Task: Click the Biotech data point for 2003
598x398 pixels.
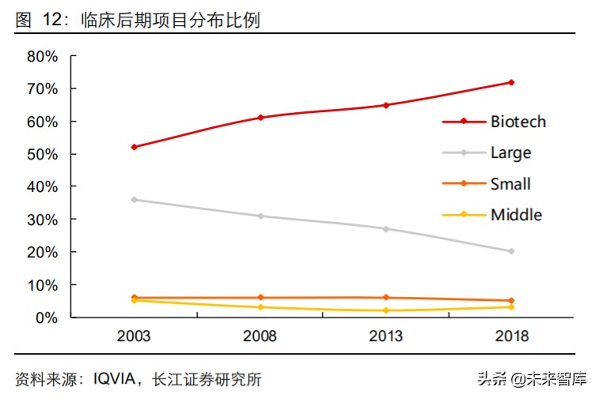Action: pyautogui.click(x=134, y=147)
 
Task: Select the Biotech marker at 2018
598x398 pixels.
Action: pyautogui.click(x=511, y=82)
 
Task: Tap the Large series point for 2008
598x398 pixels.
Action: pyautogui.click(x=260, y=216)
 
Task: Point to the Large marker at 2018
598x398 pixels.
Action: pyautogui.click(x=511, y=251)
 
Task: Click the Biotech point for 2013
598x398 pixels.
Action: pyautogui.click(x=385, y=105)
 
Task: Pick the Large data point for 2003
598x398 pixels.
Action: pyautogui.click(x=134, y=199)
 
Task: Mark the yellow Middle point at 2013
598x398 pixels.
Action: pyautogui.click(x=385, y=310)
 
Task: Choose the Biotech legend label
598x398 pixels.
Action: pyautogui.click(x=518, y=122)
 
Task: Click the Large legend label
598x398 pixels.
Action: pyautogui.click(x=510, y=152)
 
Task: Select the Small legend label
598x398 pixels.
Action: pyautogui.click(x=510, y=184)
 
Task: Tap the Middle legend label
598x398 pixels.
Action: pyautogui.click(x=516, y=215)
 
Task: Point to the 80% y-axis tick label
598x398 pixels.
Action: pyautogui.click(x=42, y=56)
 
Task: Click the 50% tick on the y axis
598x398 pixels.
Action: pyautogui.click(x=42, y=154)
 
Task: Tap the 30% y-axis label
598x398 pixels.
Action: pyautogui.click(x=42, y=220)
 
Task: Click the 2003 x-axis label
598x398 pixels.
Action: pyautogui.click(x=134, y=337)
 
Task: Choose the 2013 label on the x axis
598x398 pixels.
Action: pyautogui.click(x=385, y=337)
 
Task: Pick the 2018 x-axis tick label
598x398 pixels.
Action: pyautogui.click(x=511, y=337)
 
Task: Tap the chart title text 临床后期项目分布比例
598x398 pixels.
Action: pyautogui.click(x=170, y=21)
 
